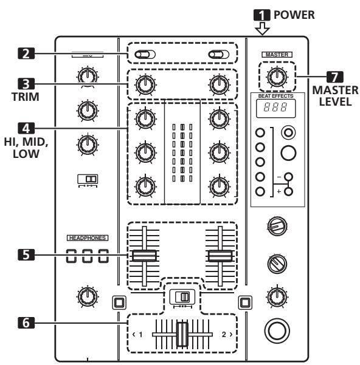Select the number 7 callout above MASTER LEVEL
336,78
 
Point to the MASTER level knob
277,77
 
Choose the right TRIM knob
219,86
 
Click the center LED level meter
182,148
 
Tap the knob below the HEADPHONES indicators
89,296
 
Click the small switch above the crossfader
182,297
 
